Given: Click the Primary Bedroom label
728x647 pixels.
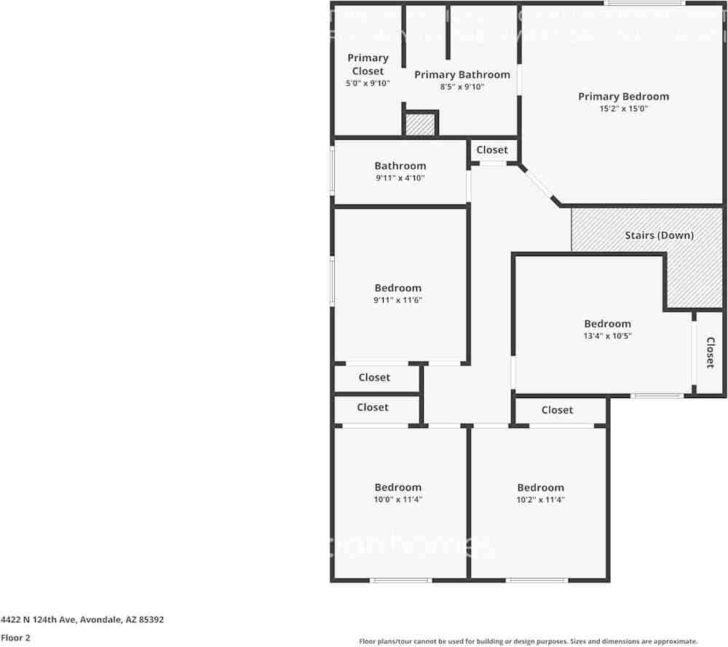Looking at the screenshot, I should tap(623, 96).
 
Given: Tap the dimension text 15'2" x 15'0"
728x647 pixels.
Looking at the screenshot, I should tap(623, 108).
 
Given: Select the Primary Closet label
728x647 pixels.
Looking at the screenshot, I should tap(368, 64).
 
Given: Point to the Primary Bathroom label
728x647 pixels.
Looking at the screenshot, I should tap(462, 74).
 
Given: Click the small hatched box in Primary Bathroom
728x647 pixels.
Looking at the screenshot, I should tap(419, 124).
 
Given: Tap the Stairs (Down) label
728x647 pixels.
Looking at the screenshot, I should tap(659, 235).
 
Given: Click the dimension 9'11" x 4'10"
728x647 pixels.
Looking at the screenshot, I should tap(400, 178).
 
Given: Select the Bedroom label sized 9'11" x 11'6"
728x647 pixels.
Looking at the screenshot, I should tap(397, 287).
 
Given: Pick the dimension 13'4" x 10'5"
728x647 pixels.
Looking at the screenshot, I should tap(607, 336).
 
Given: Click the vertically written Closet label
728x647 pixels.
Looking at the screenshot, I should tap(710, 352).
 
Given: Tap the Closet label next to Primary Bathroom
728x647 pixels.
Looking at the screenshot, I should tap(492, 150).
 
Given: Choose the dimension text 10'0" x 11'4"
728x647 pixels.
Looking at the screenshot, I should tap(397, 499).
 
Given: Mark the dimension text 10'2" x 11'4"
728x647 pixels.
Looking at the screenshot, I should tap(540, 499).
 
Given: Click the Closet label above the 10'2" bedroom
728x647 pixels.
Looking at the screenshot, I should tap(557, 410).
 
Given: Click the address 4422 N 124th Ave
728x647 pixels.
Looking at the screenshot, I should tap(82, 620).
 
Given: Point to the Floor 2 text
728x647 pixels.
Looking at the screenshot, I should tap(15, 638).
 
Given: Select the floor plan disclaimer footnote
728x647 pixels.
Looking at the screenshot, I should tap(528, 640).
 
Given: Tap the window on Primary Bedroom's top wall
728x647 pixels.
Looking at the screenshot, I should tap(644, 4).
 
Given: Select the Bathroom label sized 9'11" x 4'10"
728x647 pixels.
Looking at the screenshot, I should tap(400, 165).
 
